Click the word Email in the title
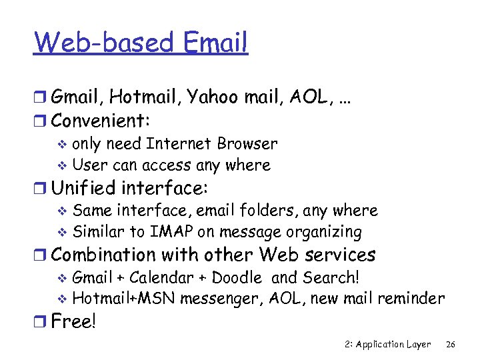214,43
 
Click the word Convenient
99,121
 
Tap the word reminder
413,299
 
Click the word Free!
74,322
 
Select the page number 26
451,345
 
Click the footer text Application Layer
393,345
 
